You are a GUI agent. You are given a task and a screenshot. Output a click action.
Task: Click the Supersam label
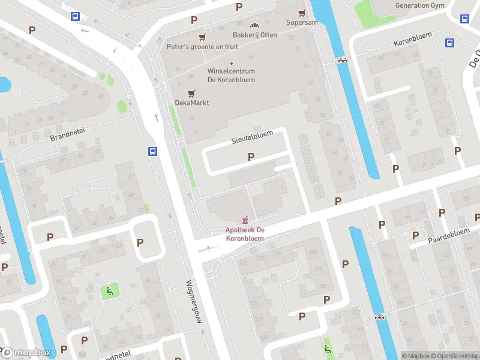coord(302,23)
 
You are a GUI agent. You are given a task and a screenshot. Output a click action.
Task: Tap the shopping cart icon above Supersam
coord(302,13)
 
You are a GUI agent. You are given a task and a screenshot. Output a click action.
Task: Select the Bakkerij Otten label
coord(255,35)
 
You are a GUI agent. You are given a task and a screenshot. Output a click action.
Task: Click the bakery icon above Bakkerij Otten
coord(254,25)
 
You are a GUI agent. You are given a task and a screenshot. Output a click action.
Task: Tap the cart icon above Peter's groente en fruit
coord(202,36)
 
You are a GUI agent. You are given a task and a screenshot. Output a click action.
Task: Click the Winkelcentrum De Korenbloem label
coord(232,76)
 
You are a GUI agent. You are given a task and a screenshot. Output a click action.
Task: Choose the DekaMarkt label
coord(191,103)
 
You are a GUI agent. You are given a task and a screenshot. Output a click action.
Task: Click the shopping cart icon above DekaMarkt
coord(191,93)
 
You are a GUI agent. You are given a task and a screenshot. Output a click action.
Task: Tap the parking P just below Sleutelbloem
coord(251,157)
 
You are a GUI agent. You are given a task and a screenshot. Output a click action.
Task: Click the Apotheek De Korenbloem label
coord(245,234)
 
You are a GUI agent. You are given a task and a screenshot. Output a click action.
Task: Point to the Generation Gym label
coord(420,5)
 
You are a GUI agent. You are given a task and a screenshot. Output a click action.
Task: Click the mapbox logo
coord(26,352)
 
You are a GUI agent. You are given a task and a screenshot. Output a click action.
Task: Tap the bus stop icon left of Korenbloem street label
coord(449,43)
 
